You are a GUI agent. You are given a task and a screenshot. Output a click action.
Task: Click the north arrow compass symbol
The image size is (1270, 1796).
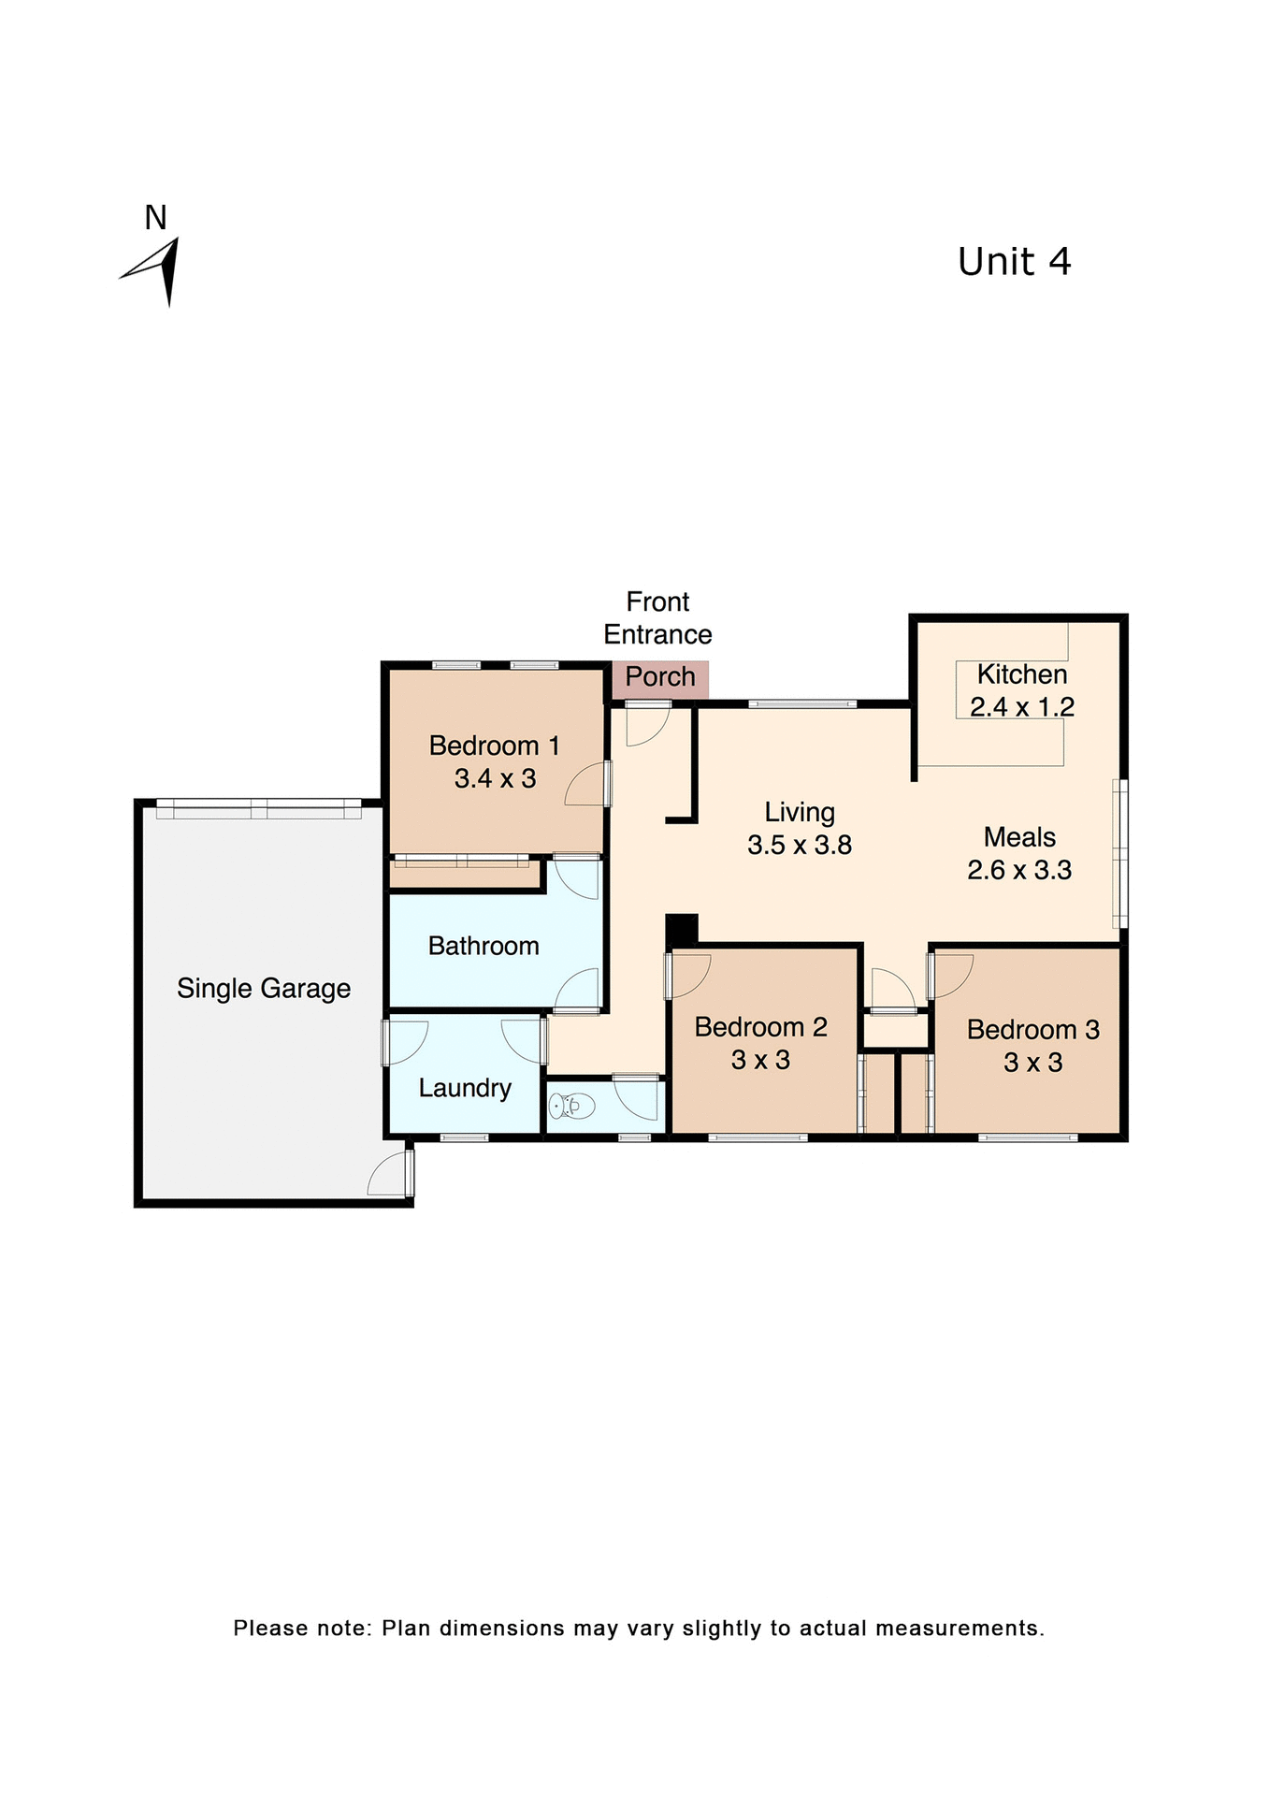pyautogui.click(x=157, y=270)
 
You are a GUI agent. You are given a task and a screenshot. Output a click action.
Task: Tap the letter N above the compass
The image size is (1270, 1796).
pyautogui.click(x=155, y=218)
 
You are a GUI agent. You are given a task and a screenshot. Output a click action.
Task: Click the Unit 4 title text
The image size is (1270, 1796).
pyautogui.click(x=1014, y=262)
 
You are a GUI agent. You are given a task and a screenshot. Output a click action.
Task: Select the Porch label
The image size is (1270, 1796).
pyautogui.click(x=660, y=676)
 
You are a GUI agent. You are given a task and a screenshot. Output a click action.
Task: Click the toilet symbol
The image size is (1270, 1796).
pyautogui.click(x=571, y=1107)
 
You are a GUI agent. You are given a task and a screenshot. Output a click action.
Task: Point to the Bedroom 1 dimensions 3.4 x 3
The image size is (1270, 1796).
pyautogui.click(x=495, y=778)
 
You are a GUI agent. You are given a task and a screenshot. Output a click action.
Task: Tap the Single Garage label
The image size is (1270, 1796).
pyautogui.click(x=264, y=989)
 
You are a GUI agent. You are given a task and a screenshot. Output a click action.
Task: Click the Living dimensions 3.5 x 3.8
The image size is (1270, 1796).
pyautogui.click(x=800, y=846)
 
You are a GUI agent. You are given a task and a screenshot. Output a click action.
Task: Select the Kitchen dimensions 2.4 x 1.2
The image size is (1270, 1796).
pyautogui.click(x=1021, y=707)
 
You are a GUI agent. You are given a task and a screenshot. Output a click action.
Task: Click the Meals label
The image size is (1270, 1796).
pyautogui.click(x=1019, y=837)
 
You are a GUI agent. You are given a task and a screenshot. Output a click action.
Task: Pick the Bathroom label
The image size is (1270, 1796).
pyautogui.click(x=483, y=946)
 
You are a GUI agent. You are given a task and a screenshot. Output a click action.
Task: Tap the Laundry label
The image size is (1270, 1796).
pyautogui.click(x=465, y=1088)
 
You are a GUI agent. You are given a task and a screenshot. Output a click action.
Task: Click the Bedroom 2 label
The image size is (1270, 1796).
pyautogui.click(x=760, y=1027)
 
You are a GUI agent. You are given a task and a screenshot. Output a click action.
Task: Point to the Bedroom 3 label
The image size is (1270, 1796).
pyautogui.click(x=1032, y=1030)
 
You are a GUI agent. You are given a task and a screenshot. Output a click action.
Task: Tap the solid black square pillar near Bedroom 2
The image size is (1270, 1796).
pyautogui.click(x=682, y=929)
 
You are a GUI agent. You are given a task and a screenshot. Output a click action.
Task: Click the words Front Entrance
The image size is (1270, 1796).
pyautogui.click(x=657, y=618)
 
